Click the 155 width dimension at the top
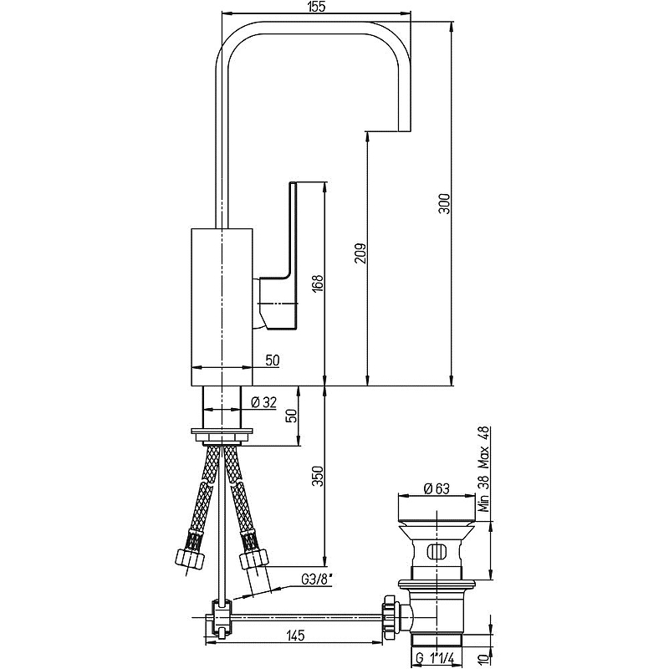point(316,7)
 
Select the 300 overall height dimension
point(444,204)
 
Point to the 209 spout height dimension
point(360,253)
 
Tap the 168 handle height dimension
point(319,283)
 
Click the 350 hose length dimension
point(319,476)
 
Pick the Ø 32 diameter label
point(263,402)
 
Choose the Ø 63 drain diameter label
point(437,488)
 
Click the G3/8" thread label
point(317,579)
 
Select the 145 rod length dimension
point(295,636)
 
